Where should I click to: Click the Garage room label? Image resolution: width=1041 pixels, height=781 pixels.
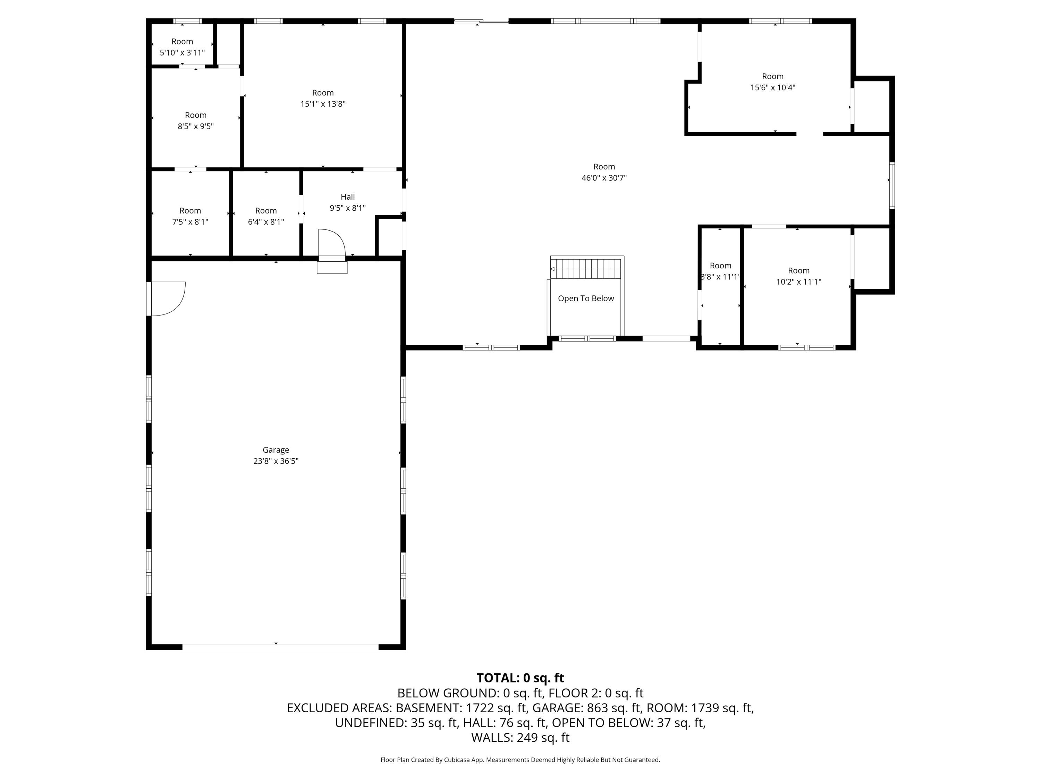point(276,450)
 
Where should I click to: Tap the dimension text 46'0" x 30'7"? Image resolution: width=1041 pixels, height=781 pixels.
point(604,178)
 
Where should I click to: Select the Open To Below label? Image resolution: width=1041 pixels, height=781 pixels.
point(586,299)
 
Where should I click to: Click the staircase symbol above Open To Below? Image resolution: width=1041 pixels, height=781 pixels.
point(587,269)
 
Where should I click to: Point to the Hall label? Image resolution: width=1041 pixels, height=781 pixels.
point(347,197)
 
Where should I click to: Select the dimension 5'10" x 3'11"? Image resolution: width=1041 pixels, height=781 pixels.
point(182,53)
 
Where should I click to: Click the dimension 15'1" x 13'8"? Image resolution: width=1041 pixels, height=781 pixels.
point(323,104)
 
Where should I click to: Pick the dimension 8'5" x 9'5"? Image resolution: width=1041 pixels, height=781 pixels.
point(195,126)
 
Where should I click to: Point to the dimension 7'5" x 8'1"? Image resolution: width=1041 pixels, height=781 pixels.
point(190,222)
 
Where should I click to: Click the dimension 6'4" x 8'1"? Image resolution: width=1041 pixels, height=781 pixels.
point(266,222)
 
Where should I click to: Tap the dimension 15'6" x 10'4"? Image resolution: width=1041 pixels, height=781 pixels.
point(772,87)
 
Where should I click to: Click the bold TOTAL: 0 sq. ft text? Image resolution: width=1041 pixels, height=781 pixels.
point(520,678)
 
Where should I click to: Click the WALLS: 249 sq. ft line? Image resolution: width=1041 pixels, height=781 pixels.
point(520,738)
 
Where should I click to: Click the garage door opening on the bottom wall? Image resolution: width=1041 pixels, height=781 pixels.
point(280,647)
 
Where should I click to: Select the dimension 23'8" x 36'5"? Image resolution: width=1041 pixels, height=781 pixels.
point(276,461)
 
